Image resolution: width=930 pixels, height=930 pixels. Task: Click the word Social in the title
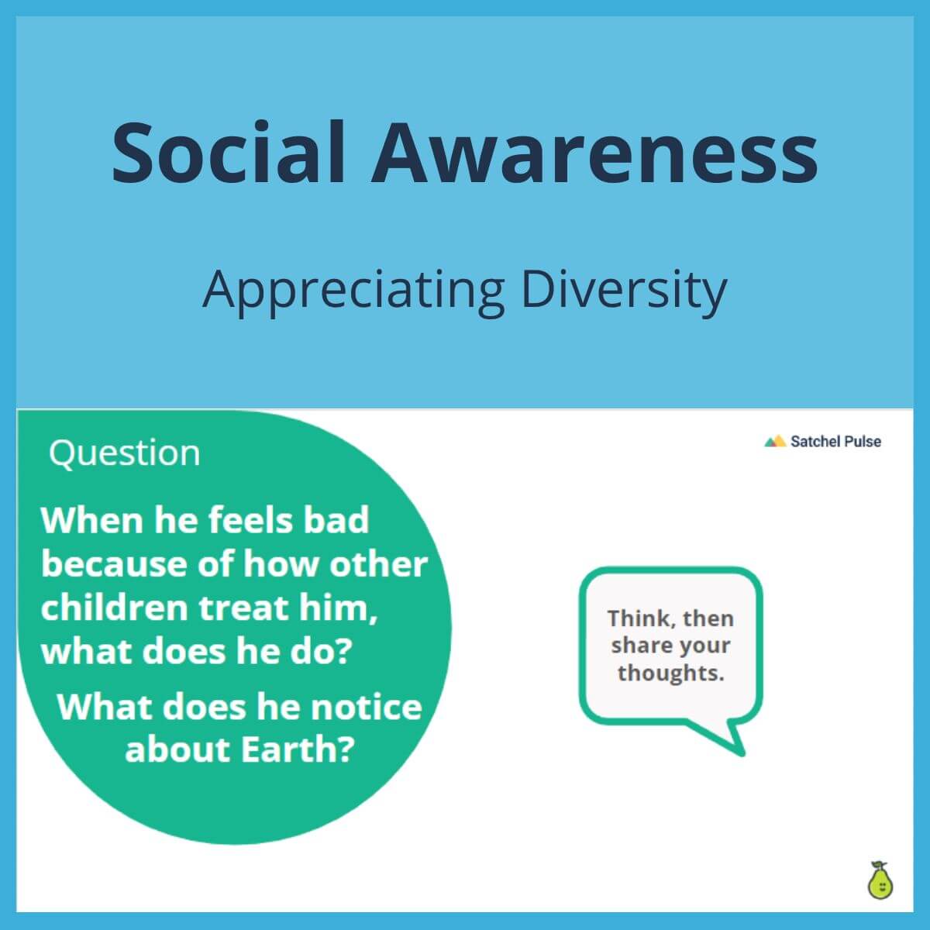point(229,152)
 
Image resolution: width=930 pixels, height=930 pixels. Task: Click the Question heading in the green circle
point(124,453)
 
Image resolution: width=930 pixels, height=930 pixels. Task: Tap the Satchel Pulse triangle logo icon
point(774,442)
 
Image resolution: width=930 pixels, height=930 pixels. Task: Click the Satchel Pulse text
point(835,442)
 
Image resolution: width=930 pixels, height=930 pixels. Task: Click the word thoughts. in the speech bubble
point(670,673)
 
